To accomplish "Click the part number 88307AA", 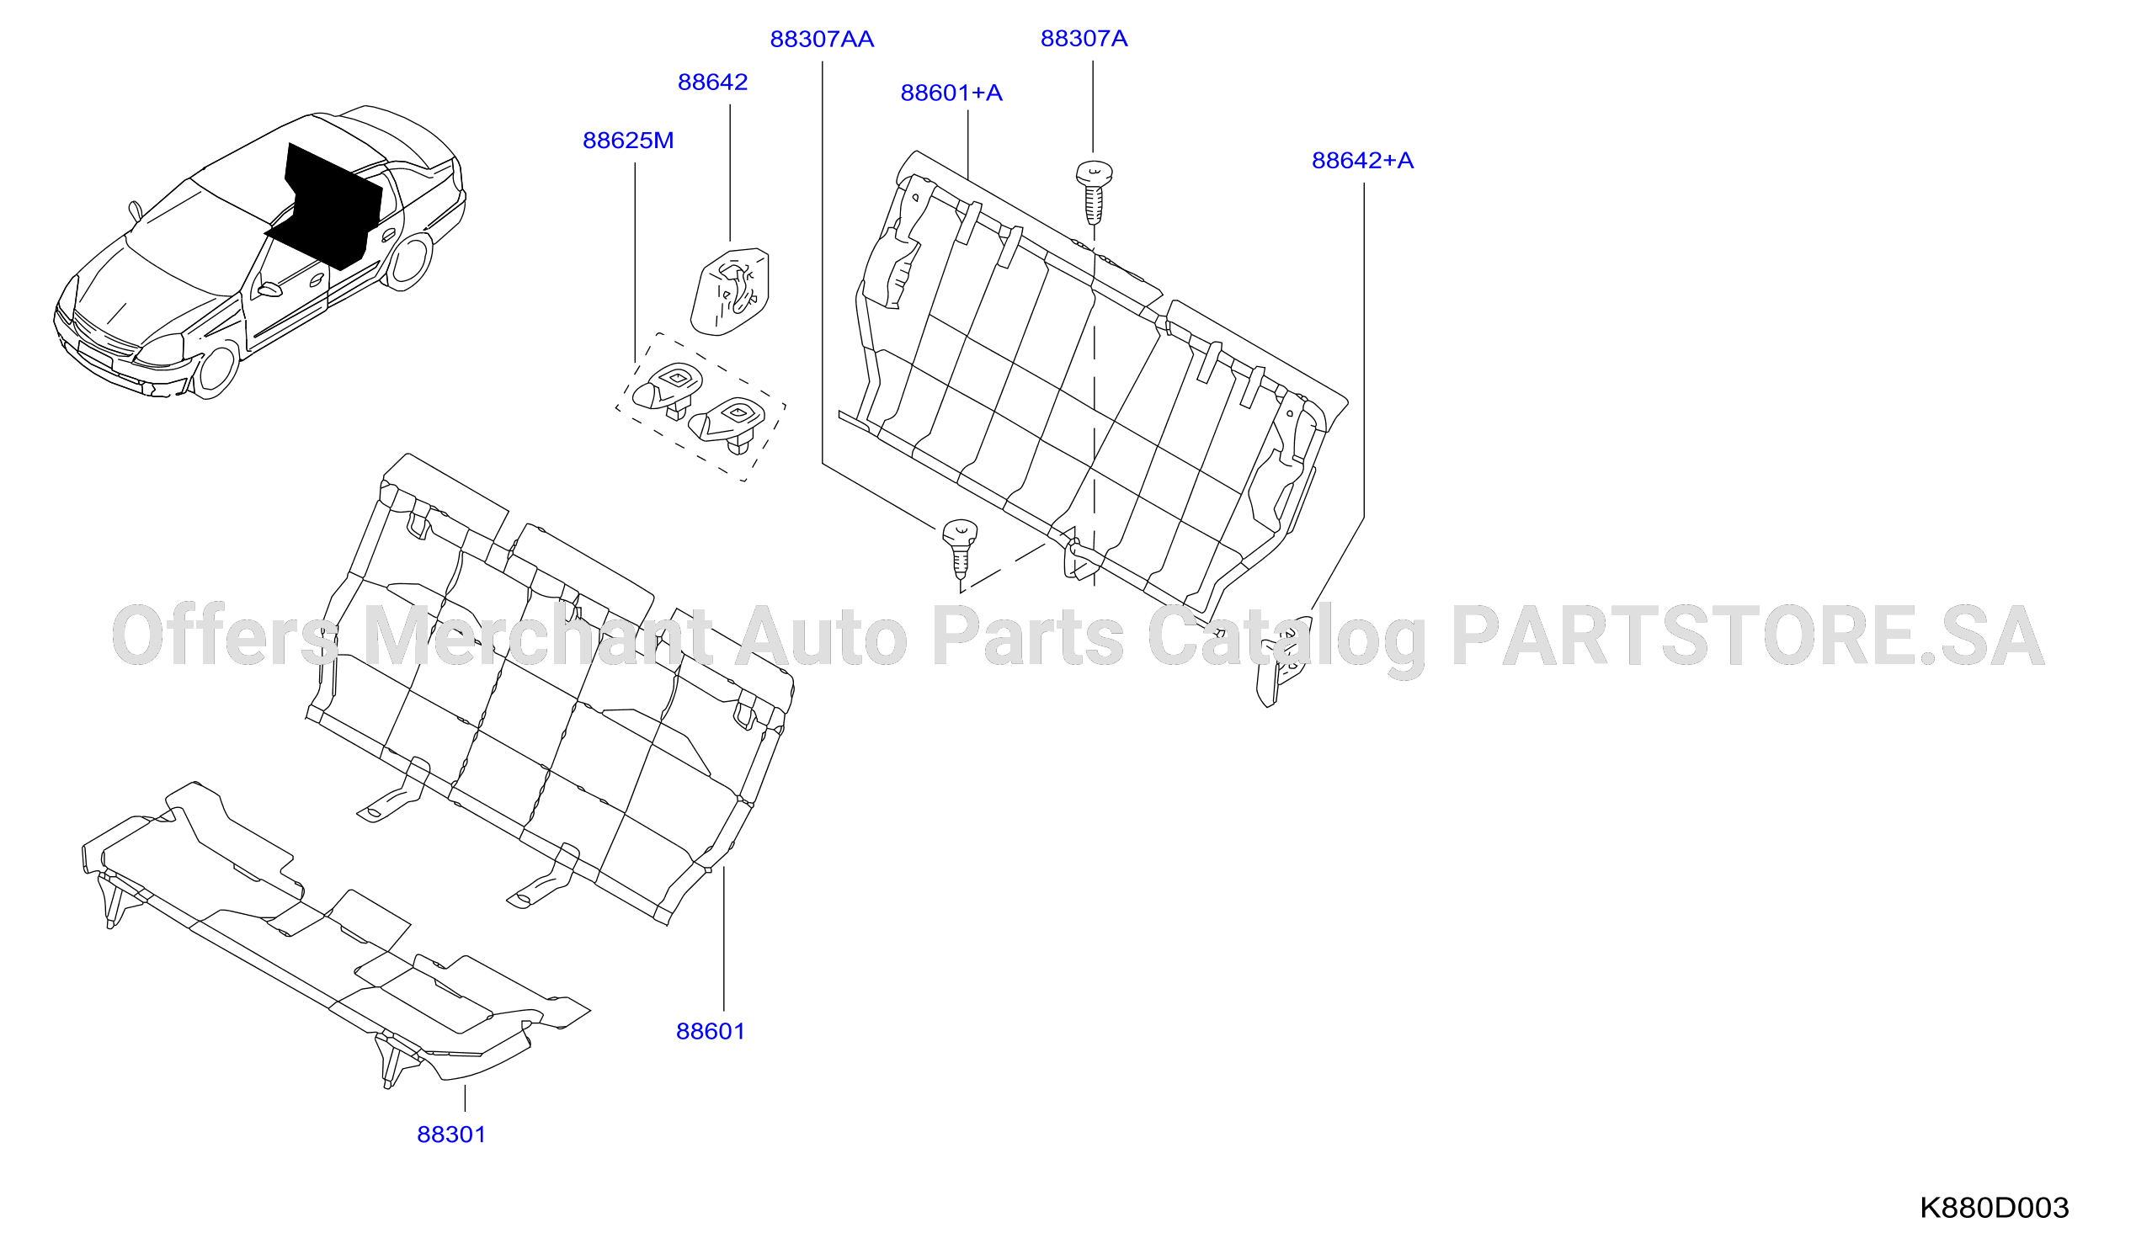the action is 822,40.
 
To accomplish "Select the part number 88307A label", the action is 1084,39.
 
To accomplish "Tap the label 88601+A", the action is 951,93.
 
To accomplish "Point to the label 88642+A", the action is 1362,161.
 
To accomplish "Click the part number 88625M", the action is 628,140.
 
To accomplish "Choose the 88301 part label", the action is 451,1135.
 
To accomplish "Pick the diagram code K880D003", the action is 1994,1208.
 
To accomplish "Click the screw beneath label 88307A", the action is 1094,193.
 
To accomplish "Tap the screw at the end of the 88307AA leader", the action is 960,547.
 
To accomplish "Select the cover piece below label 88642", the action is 729,291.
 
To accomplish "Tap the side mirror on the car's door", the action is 269,290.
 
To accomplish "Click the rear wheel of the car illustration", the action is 409,261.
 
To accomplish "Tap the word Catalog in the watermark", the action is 1286,640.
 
